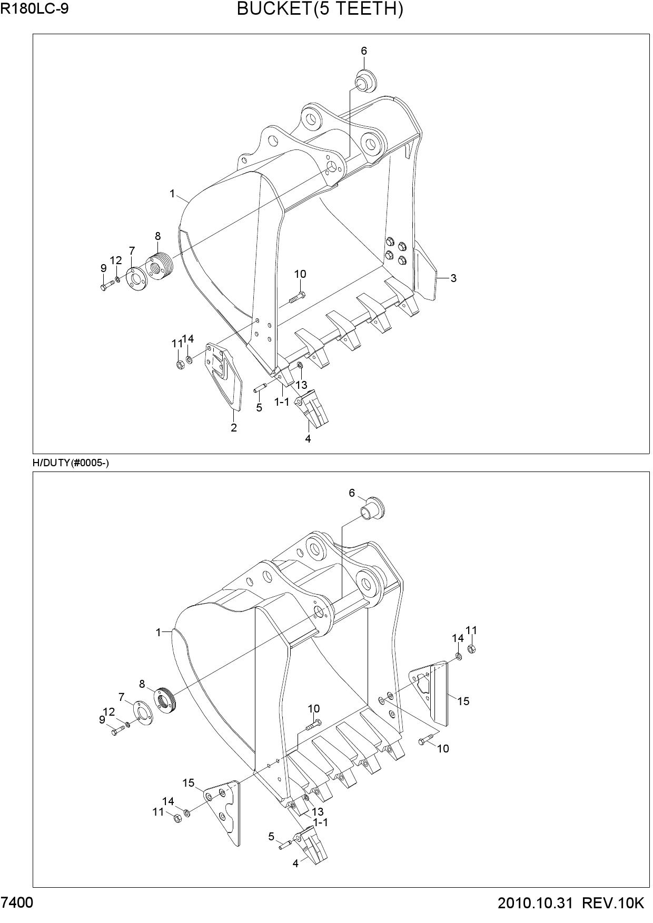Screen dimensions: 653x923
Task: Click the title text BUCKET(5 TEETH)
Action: click(320, 9)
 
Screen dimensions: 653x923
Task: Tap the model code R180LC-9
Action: click(34, 9)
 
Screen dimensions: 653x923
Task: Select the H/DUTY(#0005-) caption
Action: click(71, 463)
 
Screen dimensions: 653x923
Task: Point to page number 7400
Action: click(17, 904)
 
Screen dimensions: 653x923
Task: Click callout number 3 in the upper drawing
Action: click(453, 278)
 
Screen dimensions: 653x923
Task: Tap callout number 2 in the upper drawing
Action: click(234, 428)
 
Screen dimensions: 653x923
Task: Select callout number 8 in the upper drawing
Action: click(158, 236)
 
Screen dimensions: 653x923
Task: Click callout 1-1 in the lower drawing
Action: click(320, 822)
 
